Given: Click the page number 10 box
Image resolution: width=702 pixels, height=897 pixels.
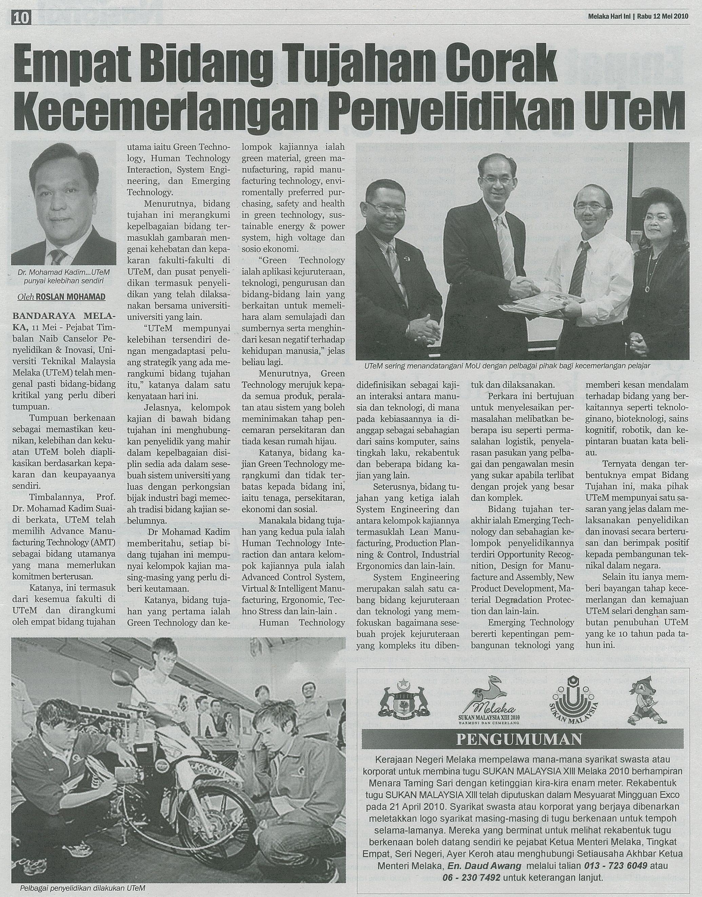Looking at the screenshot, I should [x=22, y=19].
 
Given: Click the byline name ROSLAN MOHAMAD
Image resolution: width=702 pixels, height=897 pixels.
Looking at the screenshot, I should [x=71, y=297].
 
